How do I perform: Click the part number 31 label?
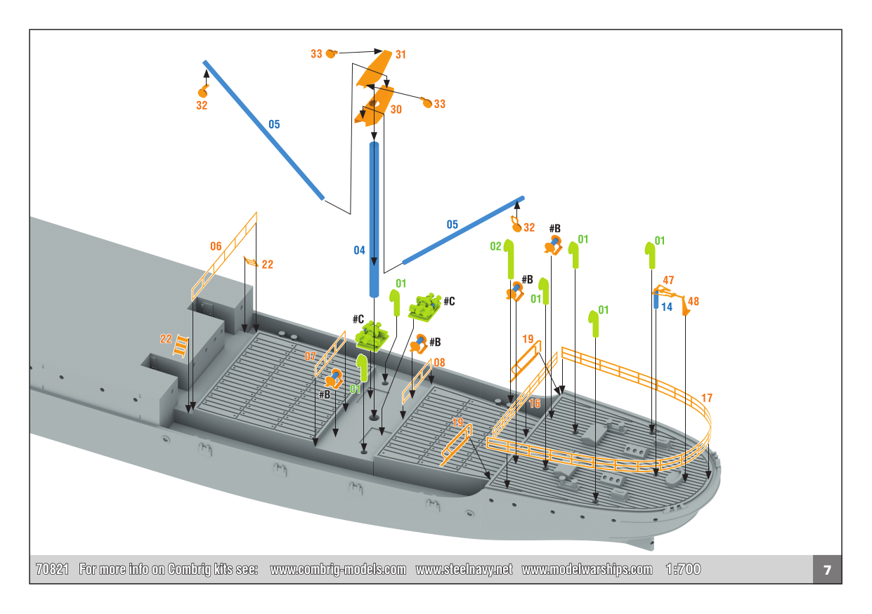(401, 54)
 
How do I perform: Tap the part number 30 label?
(396, 109)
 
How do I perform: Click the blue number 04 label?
(359, 251)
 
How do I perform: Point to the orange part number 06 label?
(216, 246)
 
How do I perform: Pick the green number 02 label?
(495, 246)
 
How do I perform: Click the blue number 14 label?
(667, 307)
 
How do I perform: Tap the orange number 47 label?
(668, 281)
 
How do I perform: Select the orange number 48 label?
(694, 301)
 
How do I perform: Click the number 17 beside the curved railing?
(707, 398)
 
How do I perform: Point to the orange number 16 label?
(535, 403)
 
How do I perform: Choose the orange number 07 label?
(310, 356)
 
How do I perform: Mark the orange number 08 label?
(439, 362)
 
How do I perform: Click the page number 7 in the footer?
(827, 570)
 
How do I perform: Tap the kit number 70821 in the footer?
(52, 570)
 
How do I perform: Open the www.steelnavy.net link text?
(464, 570)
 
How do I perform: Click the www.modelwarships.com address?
(587, 570)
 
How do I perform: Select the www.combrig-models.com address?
(338, 570)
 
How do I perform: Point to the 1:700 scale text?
(682, 570)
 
